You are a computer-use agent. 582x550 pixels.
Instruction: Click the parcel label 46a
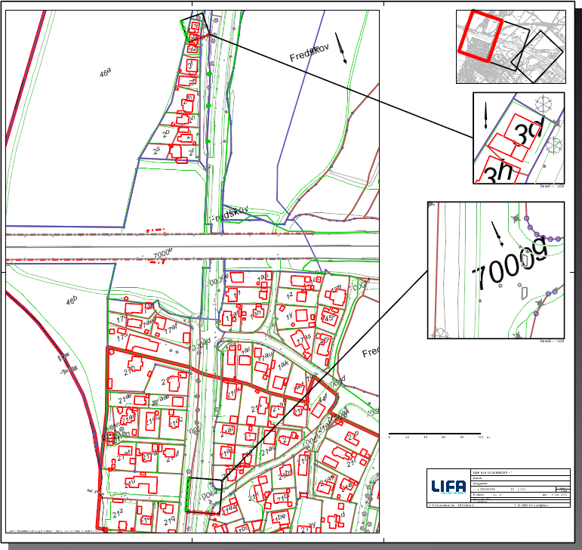(x=105, y=73)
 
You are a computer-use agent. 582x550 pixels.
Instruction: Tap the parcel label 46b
(x=72, y=301)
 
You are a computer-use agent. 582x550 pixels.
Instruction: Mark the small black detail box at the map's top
(x=193, y=24)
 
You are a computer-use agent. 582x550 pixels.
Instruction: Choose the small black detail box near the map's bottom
(x=205, y=495)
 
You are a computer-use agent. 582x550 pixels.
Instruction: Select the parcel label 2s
(x=157, y=151)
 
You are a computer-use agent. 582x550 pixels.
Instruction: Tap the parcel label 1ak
(x=284, y=365)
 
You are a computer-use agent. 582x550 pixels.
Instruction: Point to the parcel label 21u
(x=130, y=481)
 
